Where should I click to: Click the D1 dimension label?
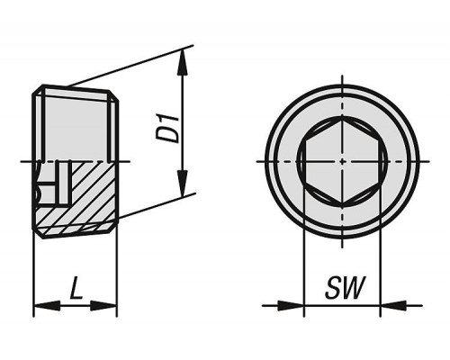pos(168,128)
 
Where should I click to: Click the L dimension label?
pos(76,288)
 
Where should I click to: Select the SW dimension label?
pos(345,288)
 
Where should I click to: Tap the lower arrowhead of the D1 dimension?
pos(183,183)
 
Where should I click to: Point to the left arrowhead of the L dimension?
pos(48,306)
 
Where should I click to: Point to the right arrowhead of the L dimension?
pos(103,306)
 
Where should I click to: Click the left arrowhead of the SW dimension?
pos(291,306)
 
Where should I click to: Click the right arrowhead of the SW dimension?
pos(393,306)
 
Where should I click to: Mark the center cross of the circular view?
pos(342,161)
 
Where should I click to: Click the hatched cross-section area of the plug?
pos(90,195)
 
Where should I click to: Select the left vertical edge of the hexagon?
pos(305,162)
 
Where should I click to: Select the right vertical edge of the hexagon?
pos(380,162)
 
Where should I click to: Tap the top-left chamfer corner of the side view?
pos(38,89)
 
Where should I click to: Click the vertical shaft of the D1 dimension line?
pos(183,122)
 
